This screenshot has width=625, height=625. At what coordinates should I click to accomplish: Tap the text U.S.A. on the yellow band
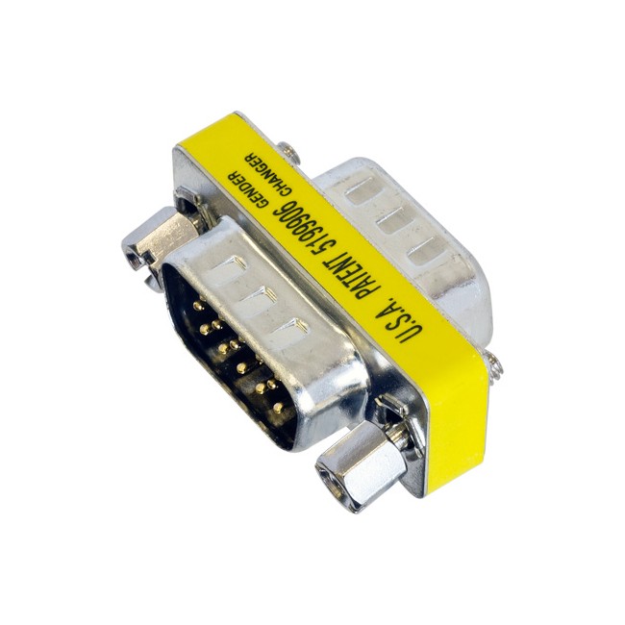(399, 322)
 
